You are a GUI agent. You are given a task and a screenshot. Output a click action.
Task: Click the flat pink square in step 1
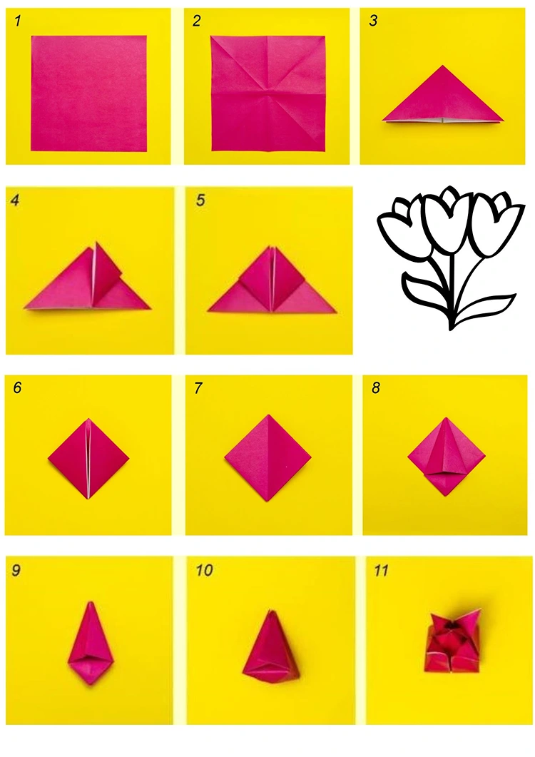[x=88, y=93]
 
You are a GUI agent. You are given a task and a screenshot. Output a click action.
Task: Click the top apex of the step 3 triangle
[x=443, y=66]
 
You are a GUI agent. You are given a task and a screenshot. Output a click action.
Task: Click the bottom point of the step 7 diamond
[x=268, y=500]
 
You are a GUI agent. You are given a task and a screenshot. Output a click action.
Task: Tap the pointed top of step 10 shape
[x=269, y=611]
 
